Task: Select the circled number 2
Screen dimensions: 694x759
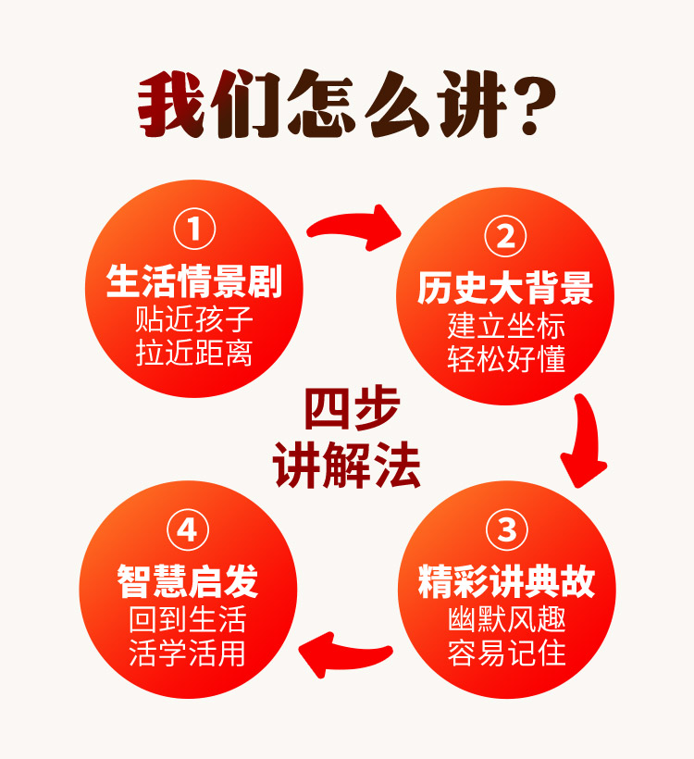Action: [505, 238]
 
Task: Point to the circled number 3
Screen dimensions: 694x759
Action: [505, 531]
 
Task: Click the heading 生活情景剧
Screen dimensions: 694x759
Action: [194, 281]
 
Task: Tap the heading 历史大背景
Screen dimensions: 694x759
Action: [505, 289]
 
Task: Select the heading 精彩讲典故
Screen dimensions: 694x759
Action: [505, 582]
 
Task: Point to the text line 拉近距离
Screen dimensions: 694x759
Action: [194, 354]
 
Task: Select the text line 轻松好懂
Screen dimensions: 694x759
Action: [505, 360]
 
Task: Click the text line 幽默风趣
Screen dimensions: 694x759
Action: [505, 619]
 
